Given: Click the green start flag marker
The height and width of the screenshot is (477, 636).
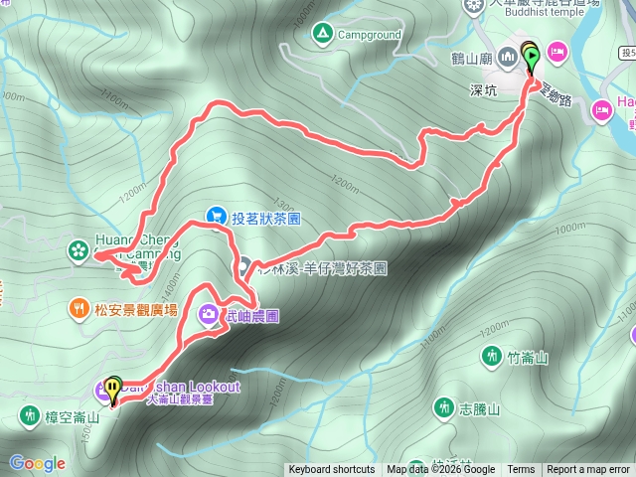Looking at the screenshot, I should pos(529,57).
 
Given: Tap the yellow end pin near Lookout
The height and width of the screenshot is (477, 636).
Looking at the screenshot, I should pos(114,387).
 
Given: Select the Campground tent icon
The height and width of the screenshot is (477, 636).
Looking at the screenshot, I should pos(321,34).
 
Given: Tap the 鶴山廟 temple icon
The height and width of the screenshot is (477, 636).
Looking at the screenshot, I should pos(509,57).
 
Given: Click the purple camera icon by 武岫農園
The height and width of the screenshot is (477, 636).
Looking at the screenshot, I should pos(209,314).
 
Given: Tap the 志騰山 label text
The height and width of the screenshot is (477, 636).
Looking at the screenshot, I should pos(478,409).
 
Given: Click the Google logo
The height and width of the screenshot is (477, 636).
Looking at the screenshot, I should pos(37,463).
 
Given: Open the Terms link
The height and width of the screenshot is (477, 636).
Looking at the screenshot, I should pos(521,470).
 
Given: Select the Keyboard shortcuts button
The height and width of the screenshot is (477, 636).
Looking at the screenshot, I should pos(332,470).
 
